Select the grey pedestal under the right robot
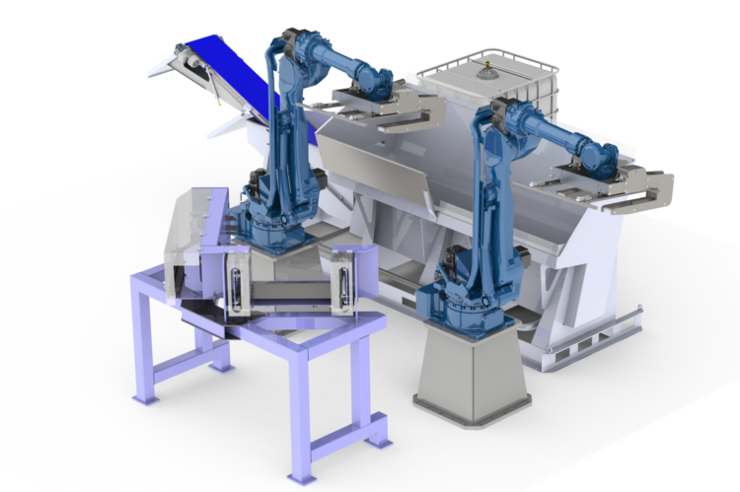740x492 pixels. (465, 365)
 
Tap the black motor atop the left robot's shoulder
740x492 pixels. (292, 38)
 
